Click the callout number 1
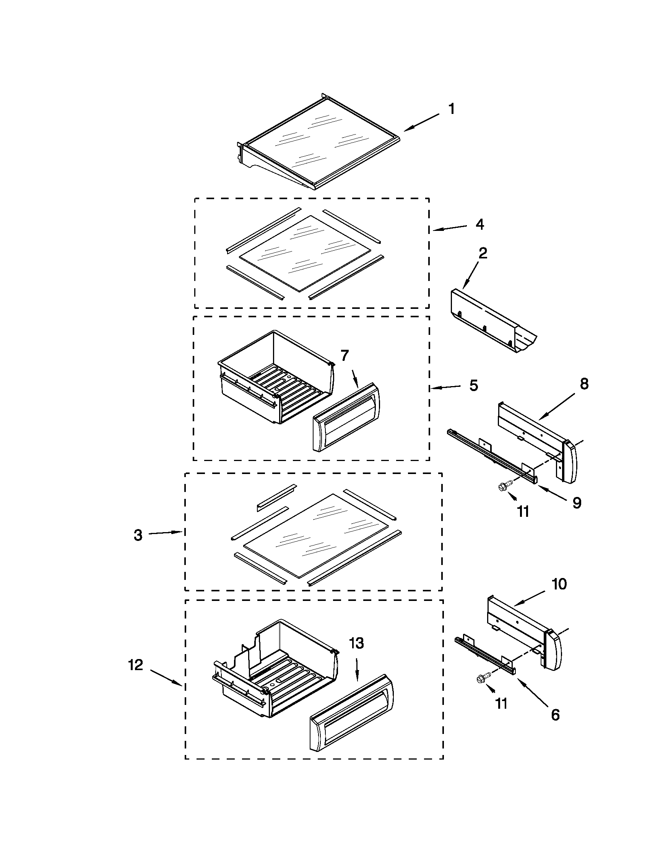tap(452, 109)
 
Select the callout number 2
tap(483, 253)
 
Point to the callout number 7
tap(344, 356)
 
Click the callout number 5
tap(473, 385)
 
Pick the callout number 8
tap(584, 384)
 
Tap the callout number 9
tap(577, 503)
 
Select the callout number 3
tap(138, 535)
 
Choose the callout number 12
tap(136, 665)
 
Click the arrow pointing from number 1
tap(421, 123)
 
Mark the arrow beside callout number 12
tap(166, 677)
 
